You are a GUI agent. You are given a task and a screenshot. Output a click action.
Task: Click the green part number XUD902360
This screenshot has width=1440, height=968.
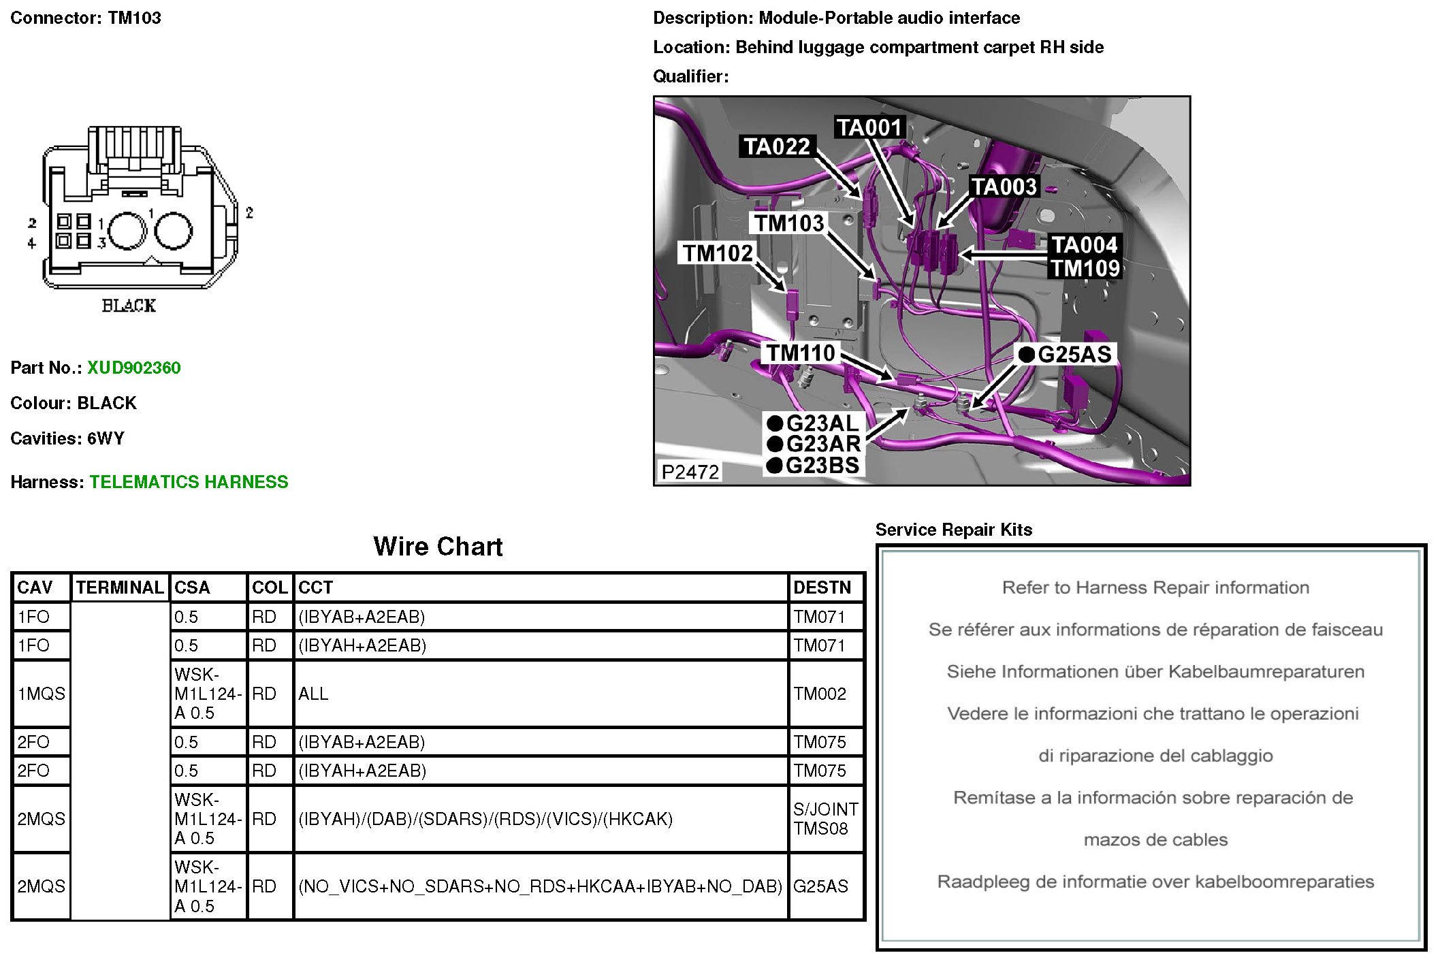(133, 368)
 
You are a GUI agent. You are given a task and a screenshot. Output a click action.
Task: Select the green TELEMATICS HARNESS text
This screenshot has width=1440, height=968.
(189, 482)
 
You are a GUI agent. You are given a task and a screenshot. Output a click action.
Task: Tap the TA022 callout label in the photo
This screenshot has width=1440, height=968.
(776, 146)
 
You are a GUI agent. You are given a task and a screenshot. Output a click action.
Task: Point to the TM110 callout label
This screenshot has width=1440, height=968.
(801, 353)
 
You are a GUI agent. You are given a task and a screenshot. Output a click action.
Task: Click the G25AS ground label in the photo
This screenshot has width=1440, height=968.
(1073, 354)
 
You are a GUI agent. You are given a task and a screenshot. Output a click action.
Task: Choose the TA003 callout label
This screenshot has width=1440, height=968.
(1004, 187)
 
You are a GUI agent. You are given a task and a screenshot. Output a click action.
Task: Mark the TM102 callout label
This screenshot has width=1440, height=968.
(718, 253)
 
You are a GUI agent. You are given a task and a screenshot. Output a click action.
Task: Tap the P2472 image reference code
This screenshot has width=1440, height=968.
(690, 472)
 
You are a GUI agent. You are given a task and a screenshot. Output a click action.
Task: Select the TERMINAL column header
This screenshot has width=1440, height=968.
(120, 587)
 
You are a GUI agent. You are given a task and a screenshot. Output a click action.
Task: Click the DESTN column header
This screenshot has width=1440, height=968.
(822, 587)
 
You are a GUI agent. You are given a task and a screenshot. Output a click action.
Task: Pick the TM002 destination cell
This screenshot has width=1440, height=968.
(819, 694)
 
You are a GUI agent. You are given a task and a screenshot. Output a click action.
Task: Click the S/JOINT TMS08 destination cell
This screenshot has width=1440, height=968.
(825, 818)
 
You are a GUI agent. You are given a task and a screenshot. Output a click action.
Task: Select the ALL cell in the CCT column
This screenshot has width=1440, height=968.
(313, 694)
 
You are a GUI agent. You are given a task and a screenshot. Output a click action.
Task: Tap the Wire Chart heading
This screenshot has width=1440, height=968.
(438, 547)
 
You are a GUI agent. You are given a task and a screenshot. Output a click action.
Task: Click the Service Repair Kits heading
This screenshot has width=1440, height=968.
(953, 530)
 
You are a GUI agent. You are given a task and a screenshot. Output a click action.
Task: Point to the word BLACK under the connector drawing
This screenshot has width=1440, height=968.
(129, 306)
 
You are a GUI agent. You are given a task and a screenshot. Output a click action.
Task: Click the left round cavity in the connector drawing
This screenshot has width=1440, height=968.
(127, 231)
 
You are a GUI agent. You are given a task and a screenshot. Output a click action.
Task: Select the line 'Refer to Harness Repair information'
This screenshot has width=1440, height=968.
(1155, 587)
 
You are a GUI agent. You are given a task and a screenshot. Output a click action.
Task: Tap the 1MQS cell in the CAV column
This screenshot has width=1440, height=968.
(41, 694)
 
